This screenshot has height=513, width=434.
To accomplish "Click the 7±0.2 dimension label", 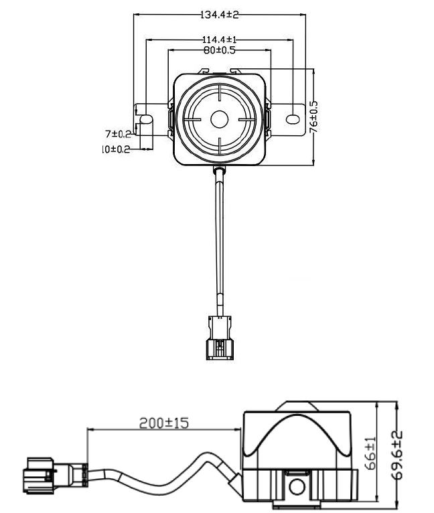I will [x=117, y=133].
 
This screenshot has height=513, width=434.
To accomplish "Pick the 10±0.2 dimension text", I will [x=115, y=149].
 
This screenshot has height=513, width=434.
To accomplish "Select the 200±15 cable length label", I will [x=164, y=423].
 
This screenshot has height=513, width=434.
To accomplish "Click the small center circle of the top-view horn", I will [x=219, y=120].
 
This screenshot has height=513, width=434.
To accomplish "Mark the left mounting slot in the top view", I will [x=145, y=119].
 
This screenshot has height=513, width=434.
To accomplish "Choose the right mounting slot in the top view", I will [x=293, y=119].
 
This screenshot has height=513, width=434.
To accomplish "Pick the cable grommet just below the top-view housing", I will [x=219, y=173].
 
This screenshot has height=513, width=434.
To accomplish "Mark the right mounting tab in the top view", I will [x=289, y=119].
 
